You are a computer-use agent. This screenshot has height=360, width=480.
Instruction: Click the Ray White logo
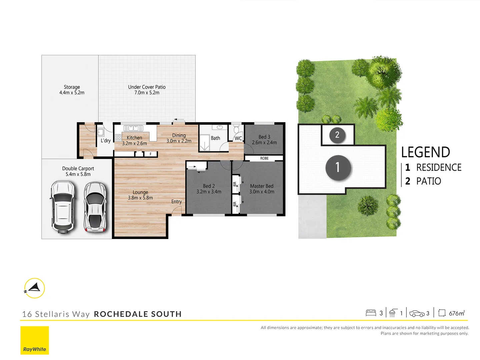[35, 340]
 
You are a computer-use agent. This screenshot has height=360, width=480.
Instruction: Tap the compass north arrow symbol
[35, 288]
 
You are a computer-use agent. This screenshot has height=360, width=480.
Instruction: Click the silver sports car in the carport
[95, 207]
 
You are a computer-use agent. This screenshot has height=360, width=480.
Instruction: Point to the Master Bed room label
[262, 186]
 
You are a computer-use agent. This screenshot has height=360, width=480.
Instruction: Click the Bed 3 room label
[264, 137]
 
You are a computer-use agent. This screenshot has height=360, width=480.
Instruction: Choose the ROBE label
[264, 158]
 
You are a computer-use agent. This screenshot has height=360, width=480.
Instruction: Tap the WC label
[238, 138]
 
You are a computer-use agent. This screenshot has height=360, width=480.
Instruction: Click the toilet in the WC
[236, 129]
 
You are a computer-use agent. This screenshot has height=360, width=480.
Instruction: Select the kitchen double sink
[133, 128]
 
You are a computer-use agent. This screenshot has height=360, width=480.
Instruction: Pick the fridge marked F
[151, 154]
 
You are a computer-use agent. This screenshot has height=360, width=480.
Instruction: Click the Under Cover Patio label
[147, 87]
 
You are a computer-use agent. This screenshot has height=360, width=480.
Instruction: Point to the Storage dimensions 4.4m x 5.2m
[72, 93]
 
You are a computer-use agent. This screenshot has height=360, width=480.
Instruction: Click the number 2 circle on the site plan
[337, 135]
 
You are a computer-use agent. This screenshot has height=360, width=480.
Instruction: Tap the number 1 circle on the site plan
[338, 167]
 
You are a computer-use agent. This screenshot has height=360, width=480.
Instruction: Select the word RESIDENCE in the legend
[439, 167]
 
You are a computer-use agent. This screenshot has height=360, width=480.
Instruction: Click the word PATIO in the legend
[429, 181]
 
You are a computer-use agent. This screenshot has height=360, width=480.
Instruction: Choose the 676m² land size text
[456, 313]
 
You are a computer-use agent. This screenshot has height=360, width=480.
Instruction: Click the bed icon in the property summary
[371, 313]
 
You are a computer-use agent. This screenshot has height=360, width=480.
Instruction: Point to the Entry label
[176, 202]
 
